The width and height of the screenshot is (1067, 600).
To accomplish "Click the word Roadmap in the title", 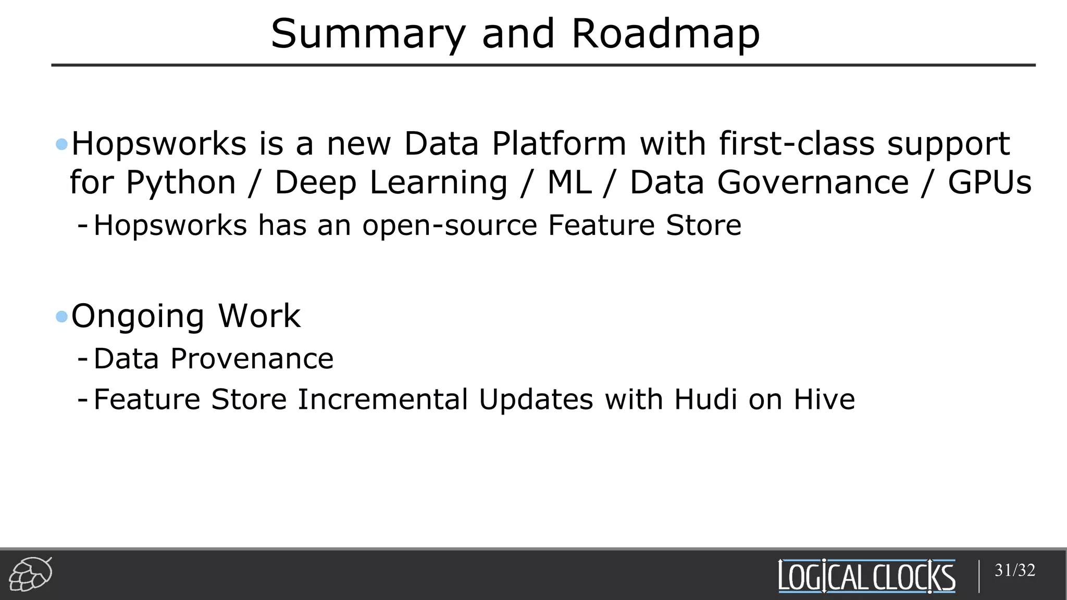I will pos(665,34).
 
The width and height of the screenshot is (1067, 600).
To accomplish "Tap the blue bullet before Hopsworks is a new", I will pos(61,144).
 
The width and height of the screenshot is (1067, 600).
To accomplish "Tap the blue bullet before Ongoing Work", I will pos(61,316).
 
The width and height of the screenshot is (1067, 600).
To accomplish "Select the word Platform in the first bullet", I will pos(559,144).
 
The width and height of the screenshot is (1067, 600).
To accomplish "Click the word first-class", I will pos(797,143).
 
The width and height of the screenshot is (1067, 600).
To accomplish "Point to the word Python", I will pos(181,183).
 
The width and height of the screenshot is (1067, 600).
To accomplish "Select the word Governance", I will pos(813,182).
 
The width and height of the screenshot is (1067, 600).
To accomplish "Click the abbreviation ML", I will pos(569,182).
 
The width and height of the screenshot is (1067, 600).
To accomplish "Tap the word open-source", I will pos(449,226).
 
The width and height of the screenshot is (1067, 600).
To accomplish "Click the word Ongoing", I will pos(138,317).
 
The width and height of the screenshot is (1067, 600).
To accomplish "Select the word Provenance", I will pos(252,359).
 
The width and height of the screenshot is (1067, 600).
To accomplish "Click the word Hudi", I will pos(705,399).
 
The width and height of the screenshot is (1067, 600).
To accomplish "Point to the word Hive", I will pos(824,399).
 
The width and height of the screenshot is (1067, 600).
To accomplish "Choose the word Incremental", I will pos(382,399).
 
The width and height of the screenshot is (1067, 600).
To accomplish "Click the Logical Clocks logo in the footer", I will pos(866,576).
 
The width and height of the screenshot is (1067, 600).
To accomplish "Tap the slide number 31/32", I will pos(1014,570).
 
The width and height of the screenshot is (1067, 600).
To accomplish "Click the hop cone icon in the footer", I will pos(30,574).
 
